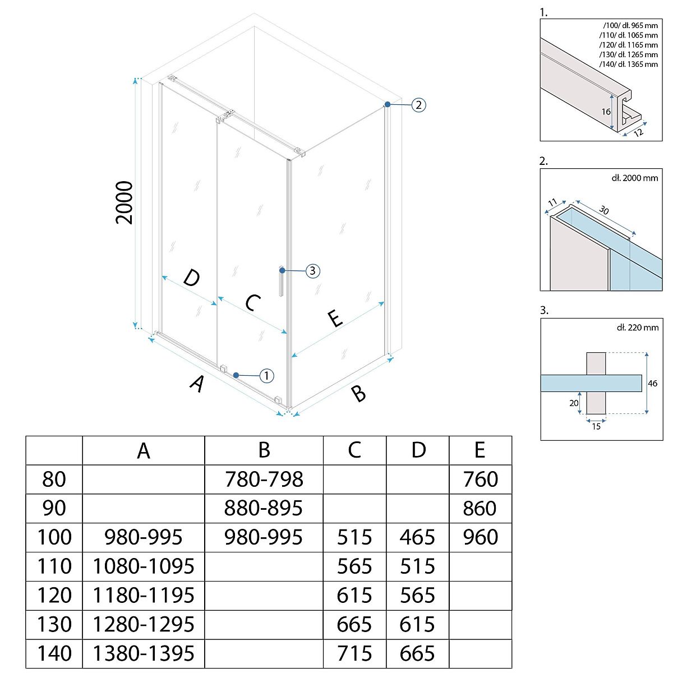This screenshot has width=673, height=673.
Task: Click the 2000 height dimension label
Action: [x=125, y=202]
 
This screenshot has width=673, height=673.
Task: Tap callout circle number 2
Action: [x=419, y=105]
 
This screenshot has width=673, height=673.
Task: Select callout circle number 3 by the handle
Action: [x=312, y=271]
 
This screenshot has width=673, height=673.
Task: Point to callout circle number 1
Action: [x=267, y=375]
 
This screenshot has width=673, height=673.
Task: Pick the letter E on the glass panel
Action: [x=335, y=319]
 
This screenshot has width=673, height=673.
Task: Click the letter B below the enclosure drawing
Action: [x=358, y=393]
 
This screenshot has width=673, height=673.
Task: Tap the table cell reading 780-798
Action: [x=264, y=479]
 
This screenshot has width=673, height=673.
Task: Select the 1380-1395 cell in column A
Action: [x=144, y=653]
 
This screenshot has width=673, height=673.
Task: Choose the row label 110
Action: [x=54, y=566]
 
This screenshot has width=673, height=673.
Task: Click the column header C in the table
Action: [x=354, y=450]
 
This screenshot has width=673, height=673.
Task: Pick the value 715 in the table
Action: [x=354, y=653]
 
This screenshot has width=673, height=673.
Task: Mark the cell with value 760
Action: [x=481, y=479]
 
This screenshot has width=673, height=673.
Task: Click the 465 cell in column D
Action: [x=418, y=537]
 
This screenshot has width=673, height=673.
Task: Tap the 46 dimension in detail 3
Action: [x=652, y=384]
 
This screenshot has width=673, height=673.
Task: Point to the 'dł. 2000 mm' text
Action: [x=635, y=178]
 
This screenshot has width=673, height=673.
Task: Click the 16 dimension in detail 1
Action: [x=606, y=112]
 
